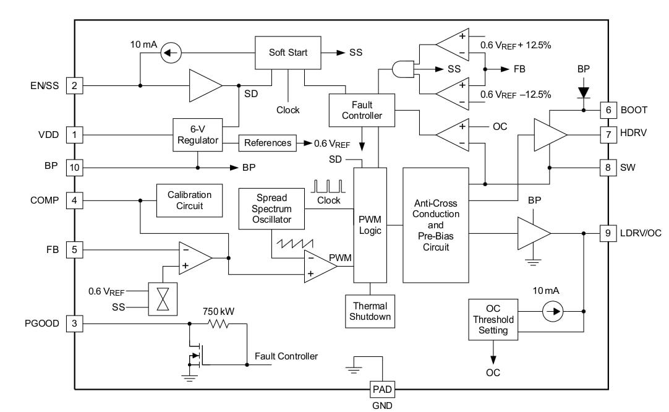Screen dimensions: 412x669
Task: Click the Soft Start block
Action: [288, 53]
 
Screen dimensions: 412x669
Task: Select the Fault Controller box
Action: [362, 110]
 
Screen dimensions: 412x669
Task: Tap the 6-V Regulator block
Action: [197, 134]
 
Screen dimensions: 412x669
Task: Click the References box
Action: [267, 143]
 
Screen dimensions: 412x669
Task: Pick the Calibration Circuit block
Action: [189, 200]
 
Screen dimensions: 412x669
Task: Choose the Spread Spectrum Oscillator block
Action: [272, 208]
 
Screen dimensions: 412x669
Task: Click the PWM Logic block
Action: [370, 225]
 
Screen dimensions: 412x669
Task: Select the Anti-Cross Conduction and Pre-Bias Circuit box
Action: [436, 225]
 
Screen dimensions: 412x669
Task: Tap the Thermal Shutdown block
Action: [370, 311]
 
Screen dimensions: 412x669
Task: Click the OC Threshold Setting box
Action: [493, 319]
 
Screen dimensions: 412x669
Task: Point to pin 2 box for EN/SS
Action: [74, 86]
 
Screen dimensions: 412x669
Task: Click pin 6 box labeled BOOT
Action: [608, 110]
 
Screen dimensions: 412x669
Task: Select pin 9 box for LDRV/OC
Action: [608, 233]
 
